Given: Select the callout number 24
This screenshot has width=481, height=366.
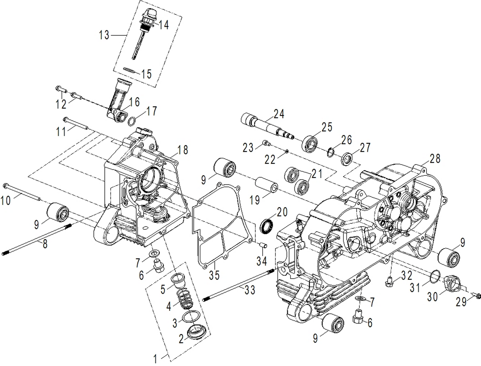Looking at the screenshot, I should (x=279, y=114).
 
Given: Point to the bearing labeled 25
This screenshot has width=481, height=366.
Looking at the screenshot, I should (x=310, y=144).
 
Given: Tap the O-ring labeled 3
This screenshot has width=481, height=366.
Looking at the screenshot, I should (x=190, y=316).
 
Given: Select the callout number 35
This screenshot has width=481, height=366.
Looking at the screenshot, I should (x=214, y=275).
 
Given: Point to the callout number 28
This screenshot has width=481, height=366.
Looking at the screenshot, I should (x=435, y=158).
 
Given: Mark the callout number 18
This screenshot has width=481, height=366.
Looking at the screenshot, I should (x=182, y=150).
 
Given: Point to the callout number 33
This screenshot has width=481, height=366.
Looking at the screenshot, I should (x=250, y=290).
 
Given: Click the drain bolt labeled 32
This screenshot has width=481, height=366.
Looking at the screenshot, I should (x=389, y=282).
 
